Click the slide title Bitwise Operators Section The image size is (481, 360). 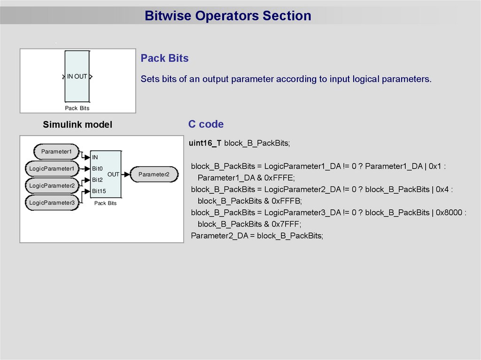point(228,16)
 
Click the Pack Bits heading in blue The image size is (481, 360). point(164,58)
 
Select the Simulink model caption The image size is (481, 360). point(78,124)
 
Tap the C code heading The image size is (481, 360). point(206,124)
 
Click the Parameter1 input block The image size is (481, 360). point(56,152)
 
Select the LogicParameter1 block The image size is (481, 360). point(52,169)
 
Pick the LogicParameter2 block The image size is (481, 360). point(52,186)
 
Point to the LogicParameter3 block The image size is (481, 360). point(52,203)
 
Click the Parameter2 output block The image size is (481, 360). point(154,175)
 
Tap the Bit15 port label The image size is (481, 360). point(99,191)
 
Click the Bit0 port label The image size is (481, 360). point(97,169)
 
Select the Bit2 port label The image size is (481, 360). point(97,180)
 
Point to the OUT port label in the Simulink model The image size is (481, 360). point(113,174)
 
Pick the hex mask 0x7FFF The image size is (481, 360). point(286,224)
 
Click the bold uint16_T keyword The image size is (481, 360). point(205,143)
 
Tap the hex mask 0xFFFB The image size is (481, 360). point(286,201)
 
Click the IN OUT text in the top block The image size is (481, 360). point(77,77)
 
